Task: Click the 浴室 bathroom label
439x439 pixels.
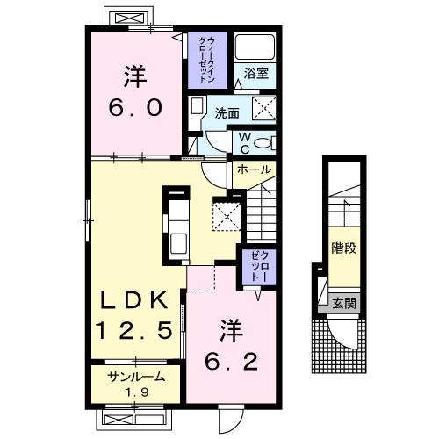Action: tap(256, 73)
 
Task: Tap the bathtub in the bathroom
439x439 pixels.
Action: tap(255, 47)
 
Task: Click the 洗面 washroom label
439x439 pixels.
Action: tap(227, 113)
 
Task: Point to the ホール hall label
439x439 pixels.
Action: tap(254, 169)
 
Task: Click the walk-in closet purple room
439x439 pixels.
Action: tap(207, 60)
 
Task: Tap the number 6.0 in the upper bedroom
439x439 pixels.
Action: tap(135, 107)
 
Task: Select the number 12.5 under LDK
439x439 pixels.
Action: tap(134, 330)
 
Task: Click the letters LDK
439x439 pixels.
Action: tap(134, 300)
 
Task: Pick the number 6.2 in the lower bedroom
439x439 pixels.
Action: tap(231, 362)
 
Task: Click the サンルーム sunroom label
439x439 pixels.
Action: tap(136, 377)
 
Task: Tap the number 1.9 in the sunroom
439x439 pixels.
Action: tap(136, 392)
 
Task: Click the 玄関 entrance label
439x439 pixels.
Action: tap(344, 303)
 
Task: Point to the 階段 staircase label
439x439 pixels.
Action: tap(344, 248)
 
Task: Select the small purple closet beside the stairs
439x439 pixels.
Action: tap(259, 266)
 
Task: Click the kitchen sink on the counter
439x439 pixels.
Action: tap(178, 243)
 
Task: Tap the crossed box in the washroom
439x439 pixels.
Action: tap(264, 108)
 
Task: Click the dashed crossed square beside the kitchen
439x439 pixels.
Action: tap(227, 217)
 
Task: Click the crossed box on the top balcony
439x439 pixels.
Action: tap(131, 18)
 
